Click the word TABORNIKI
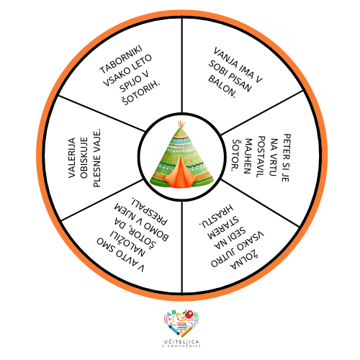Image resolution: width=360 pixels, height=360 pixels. click(121, 59)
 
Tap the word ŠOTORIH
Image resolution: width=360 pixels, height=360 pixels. click(141, 93)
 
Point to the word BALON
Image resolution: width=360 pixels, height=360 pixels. click(222, 86)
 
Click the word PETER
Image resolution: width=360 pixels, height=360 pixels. click(287, 144)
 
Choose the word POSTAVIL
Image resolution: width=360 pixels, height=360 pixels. click(261, 157)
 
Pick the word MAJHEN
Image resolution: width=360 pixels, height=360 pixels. click(248, 156)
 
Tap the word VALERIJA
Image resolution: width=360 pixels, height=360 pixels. click(72, 158)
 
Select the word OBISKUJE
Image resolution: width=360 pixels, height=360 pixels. click(84, 158)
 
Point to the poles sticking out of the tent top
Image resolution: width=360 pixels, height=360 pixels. click(181, 125)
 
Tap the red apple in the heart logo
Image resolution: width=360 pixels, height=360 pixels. click(189, 314)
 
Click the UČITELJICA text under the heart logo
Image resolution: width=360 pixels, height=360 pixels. click(181, 341)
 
